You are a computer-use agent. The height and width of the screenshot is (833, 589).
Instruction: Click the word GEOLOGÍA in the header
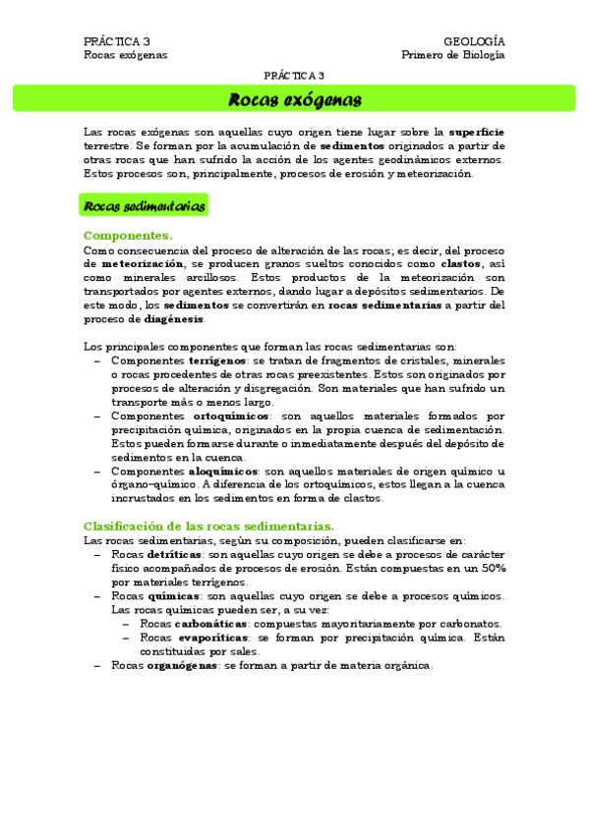(475, 41)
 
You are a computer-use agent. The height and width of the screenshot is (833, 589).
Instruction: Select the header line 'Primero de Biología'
(453, 55)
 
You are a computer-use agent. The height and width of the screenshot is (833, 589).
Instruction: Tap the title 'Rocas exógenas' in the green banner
(294, 99)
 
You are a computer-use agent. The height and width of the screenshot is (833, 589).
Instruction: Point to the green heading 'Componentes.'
(128, 236)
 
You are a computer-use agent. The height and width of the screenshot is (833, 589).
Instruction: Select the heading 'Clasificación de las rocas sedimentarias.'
(208, 526)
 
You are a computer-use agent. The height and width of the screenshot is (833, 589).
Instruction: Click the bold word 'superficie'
(477, 132)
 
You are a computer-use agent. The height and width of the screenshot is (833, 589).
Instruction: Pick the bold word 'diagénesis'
(174, 319)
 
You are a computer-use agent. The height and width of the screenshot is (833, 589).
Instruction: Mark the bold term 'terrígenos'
(221, 361)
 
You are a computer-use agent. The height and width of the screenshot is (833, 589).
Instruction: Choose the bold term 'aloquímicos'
(222, 471)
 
